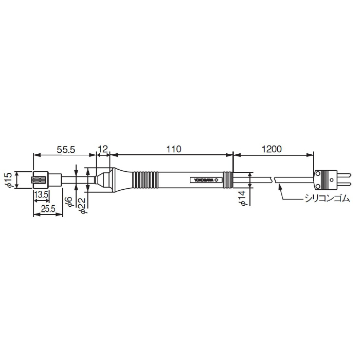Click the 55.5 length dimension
66,150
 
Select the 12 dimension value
103,150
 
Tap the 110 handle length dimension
174,149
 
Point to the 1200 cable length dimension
272,149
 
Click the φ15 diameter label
9,180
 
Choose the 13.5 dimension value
41,195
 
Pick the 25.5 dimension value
48,209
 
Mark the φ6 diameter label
70,202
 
